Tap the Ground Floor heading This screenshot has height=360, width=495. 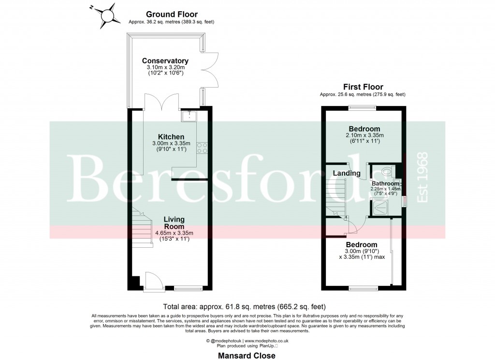(171, 15)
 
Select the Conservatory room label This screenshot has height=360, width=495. (165, 61)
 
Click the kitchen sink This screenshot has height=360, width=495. (189, 116)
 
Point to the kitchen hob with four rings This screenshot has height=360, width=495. (203, 148)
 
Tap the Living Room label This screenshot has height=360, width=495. (174, 223)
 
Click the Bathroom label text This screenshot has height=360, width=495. (386, 184)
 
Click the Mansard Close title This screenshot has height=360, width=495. (247, 356)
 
